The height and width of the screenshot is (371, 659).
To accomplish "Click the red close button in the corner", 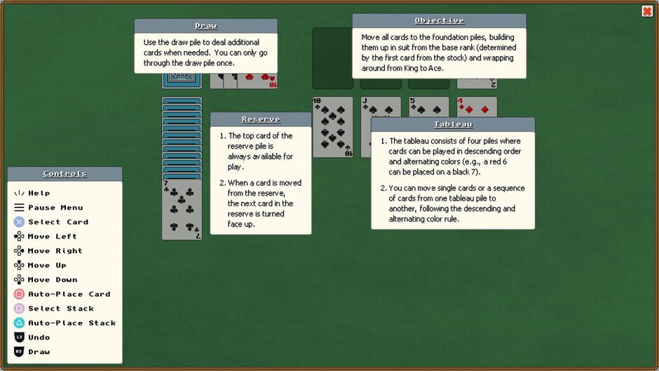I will (647, 11).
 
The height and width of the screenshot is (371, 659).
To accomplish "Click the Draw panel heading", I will (205, 26).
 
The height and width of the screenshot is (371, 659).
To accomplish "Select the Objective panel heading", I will (439, 20).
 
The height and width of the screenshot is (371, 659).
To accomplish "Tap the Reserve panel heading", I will (261, 119).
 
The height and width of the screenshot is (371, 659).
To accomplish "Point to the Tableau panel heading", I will (453, 124).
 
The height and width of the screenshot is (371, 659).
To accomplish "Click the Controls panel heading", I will (64, 174).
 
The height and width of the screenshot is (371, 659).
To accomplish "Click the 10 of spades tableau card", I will (332, 126).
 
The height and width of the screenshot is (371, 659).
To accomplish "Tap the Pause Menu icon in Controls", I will (19, 208).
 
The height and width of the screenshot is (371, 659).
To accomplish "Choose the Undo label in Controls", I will (39, 337).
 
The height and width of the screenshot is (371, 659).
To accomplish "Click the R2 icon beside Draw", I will (19, 352).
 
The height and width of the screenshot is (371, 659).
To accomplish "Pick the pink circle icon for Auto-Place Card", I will (19, 295).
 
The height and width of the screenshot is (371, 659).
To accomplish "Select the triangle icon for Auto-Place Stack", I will (19, 323).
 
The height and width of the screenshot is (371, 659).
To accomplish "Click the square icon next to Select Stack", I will (19, 309).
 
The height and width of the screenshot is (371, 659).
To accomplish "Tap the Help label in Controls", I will (39, 193).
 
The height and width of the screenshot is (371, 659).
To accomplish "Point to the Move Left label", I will (53, 236).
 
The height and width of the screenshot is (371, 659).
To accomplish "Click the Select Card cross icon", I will (19, 222).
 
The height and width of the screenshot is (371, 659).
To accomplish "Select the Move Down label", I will (53, 280).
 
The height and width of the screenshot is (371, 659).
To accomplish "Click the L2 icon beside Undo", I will (19, 337).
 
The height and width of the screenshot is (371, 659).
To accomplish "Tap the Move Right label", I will (55, 251).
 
